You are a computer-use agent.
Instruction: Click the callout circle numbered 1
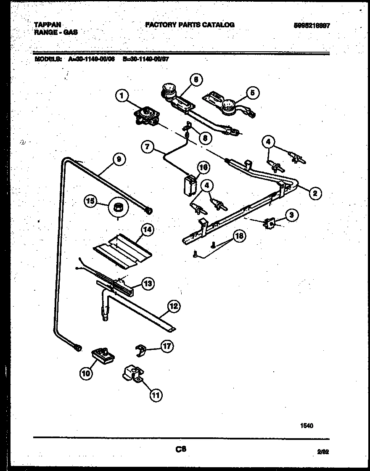122,96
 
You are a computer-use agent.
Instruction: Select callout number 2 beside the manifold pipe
315,193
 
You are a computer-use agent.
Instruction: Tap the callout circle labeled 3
291,215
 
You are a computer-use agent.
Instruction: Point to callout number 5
253,93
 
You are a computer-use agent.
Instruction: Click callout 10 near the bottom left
86,372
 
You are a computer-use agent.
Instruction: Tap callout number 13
148,284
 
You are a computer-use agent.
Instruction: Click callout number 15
90,201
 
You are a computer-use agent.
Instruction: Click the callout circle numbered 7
148,147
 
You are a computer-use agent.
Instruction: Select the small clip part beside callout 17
142,350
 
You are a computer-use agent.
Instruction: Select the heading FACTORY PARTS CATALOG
189,25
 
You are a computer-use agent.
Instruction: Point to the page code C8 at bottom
181,450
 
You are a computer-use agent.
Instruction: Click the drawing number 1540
307,425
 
